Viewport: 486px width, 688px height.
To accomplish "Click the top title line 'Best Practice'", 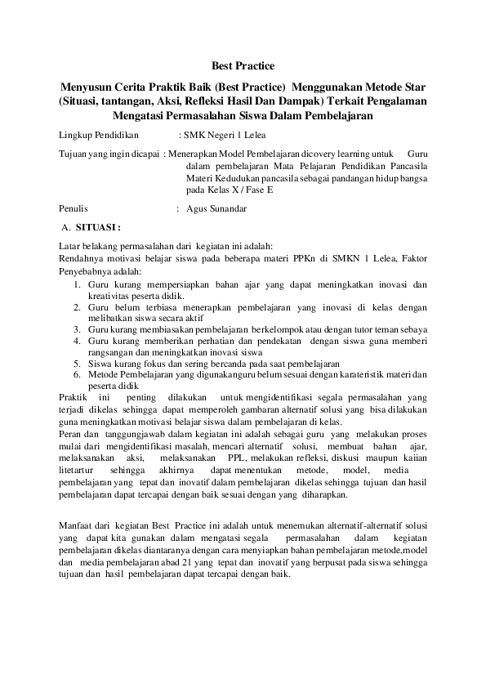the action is point(243,65).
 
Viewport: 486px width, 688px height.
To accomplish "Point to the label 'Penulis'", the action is point(74,208).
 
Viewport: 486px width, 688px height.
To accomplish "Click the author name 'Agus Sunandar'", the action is point(217,208).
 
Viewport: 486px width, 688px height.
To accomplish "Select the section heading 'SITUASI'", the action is point(98,226).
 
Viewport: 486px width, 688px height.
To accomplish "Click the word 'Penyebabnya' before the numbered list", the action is point(86,271).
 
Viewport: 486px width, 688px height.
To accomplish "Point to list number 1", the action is point(74,284).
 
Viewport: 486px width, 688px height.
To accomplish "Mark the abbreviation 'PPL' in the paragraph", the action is point(238,460).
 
